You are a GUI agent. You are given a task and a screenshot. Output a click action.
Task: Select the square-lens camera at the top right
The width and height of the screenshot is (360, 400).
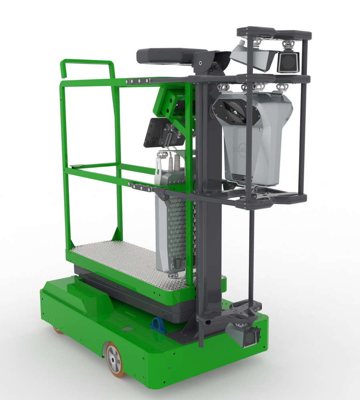288,62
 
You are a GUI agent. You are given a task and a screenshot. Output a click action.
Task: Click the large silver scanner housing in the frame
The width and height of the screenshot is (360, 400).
256,136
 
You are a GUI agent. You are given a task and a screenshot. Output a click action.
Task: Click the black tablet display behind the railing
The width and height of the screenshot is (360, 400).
158,132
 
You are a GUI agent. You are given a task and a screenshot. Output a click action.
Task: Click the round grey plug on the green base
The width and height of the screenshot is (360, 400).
127,329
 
